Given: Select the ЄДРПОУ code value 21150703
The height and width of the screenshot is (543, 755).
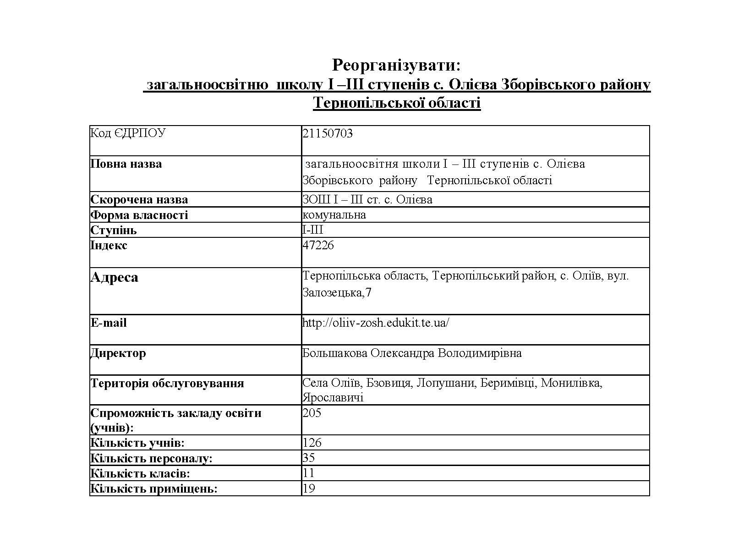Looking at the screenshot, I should click(x=328, y=133).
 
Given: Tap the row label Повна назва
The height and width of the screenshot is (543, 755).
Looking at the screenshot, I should click(x=126, y=164).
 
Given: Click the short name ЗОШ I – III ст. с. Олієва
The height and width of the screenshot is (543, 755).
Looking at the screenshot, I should click(x=367, y=200).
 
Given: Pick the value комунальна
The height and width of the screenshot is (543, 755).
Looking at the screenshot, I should click(x=334, y=215).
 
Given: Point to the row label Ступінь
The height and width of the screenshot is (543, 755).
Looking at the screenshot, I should click(x=113, y=230).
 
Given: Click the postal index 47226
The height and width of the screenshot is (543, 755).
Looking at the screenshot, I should click(x=318, y=245).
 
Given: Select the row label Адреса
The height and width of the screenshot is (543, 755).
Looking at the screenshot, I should click(x=114, y=277).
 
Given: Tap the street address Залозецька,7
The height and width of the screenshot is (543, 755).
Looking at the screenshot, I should click(x=337, y=292).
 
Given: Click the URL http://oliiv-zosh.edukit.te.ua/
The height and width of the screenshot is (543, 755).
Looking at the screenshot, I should click(x=376, y=323).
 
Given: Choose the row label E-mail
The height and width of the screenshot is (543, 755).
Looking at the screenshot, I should click(x=108, y=323).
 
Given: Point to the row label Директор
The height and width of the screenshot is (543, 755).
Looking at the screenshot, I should click(x=118, y=353).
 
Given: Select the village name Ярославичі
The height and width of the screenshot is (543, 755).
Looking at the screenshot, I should click(x=333, y=397).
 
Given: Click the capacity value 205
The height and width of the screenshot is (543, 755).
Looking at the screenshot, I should click(x=312, y=413).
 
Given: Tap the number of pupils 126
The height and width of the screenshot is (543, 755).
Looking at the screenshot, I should click(x=312, y=443).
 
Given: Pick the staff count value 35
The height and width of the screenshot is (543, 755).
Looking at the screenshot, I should click(x=309, y=458).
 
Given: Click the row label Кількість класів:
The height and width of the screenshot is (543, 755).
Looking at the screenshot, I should click(x=140, y=473).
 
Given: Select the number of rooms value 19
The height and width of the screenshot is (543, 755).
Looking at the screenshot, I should click(x=309, y=488).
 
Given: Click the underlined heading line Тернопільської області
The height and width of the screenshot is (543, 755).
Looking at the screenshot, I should click(x=397, y=103).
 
